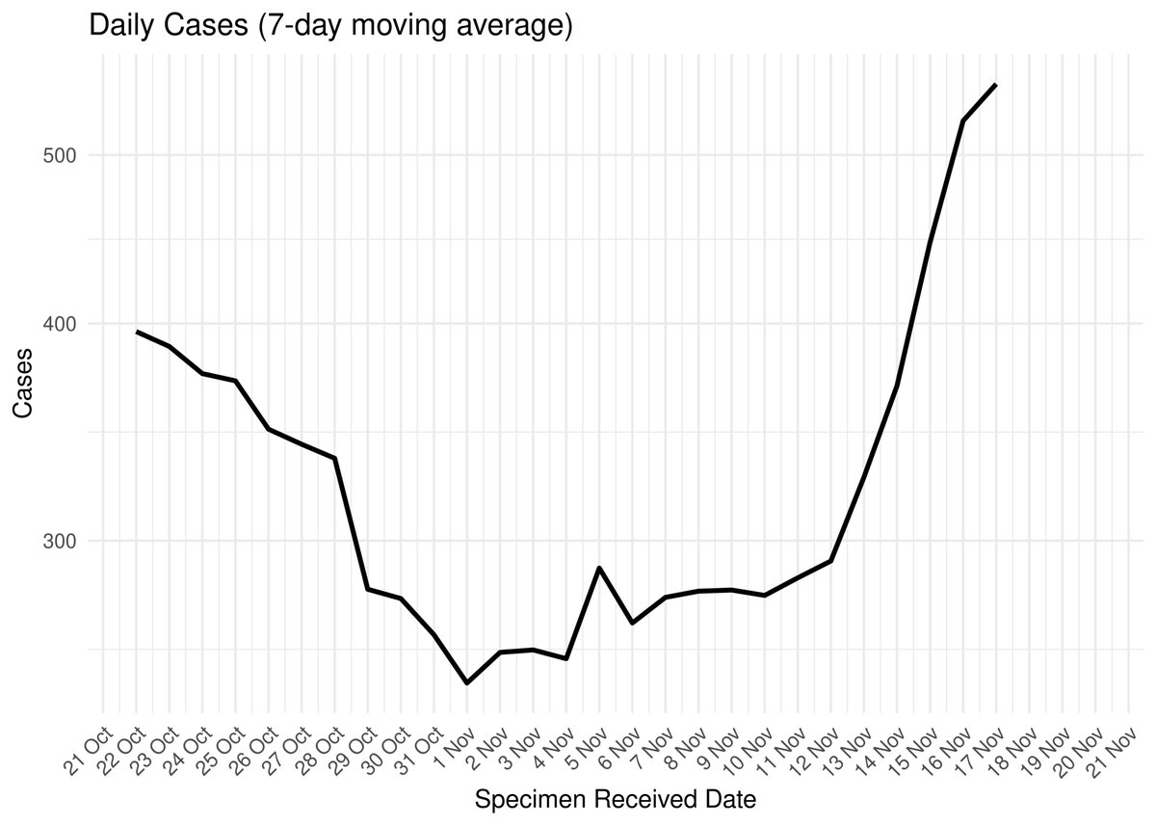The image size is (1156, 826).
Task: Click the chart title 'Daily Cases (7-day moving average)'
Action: pyautogui.click(x=330, y=26)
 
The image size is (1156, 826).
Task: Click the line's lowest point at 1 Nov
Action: pyautogui.click(x=467, y=682)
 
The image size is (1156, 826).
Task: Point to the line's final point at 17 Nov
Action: pyautogui.click(x=995, y=85)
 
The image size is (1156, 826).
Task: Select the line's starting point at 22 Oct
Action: pyautogui.click(x=137, y=332)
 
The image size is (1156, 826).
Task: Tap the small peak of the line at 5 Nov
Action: pyautogui.click(x=599, y=568)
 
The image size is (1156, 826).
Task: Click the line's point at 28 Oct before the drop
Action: pyautogui.click(x=335, y=458)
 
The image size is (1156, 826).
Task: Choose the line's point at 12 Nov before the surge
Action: pyautogui.click(x=830, y=561)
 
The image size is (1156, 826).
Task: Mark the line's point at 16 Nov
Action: pyautogui.click(x=962, y=120)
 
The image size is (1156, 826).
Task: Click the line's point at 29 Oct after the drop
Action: pyautogui.click(x=368, y=589)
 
